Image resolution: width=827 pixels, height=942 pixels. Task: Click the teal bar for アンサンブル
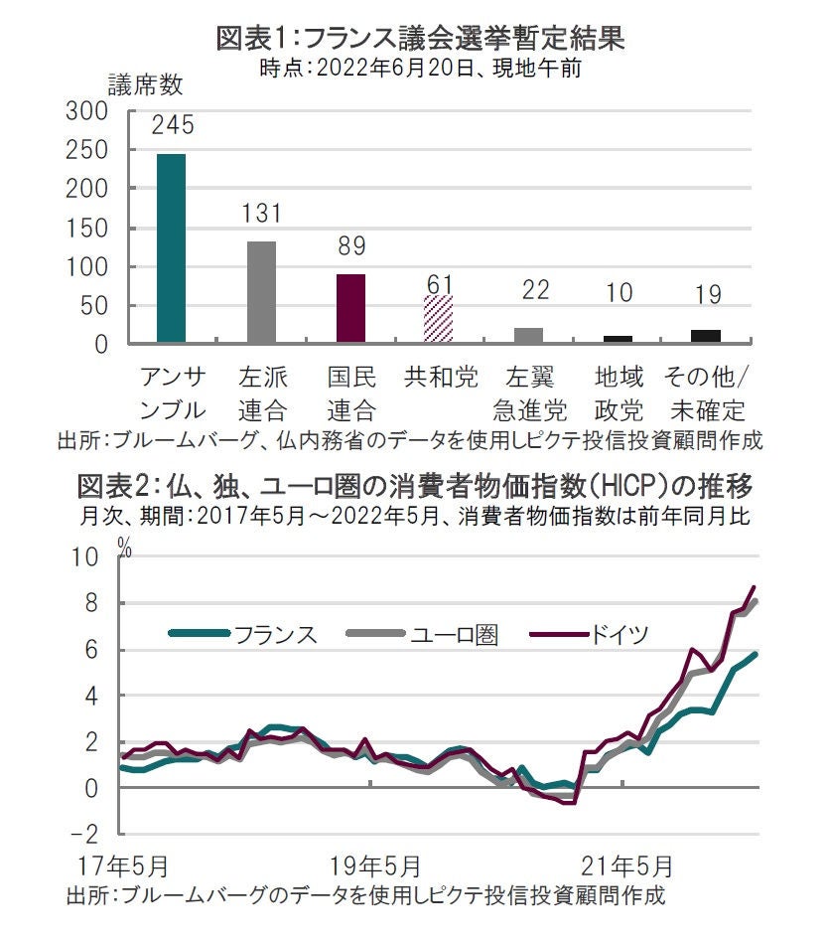point(171,248)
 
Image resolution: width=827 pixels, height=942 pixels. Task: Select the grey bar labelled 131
point(262,292)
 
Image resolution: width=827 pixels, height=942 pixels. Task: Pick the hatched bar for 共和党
point(439,319)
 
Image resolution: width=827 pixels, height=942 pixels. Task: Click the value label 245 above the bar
point(172,125)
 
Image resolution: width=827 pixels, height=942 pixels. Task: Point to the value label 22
point(529,290)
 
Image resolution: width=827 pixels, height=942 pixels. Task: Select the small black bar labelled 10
point(618,339)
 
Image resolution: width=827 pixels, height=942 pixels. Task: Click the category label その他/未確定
point(706,393)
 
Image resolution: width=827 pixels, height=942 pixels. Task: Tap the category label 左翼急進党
point(529,393)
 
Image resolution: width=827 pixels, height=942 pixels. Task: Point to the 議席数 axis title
point(145,85)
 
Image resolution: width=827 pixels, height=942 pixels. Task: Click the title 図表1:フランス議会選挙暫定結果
point(420,41)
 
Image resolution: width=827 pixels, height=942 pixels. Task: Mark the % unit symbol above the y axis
point(124,543)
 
